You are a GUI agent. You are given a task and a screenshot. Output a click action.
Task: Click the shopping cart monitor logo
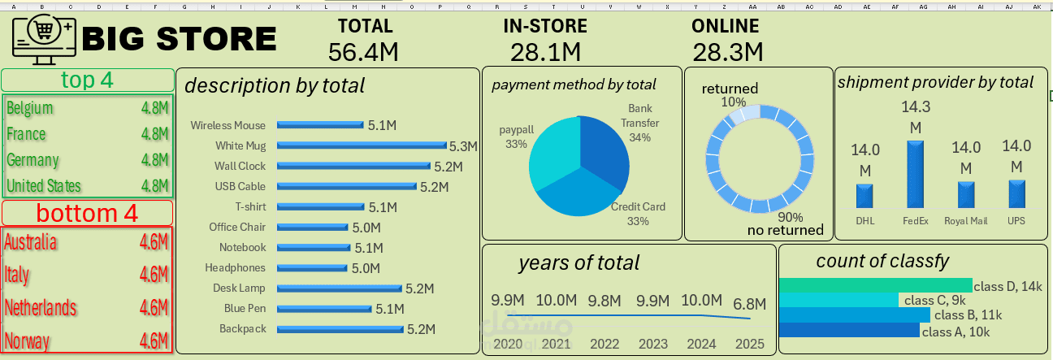(44, 40)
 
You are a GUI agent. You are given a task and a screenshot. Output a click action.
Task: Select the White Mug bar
(362, 145)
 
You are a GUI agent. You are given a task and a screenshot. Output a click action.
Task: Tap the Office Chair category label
(237, 227)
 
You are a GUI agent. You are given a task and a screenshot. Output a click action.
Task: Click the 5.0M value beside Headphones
(366, 268)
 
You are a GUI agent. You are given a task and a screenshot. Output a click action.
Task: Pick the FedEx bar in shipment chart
(915, 175)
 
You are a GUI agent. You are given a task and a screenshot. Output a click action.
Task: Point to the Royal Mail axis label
(965, 221)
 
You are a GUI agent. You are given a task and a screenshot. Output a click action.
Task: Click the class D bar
(875, 285)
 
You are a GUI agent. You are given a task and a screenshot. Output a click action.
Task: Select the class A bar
(849, 330)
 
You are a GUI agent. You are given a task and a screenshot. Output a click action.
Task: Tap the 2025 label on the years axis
(750, 344)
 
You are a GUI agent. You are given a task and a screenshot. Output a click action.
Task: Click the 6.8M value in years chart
(750, 304)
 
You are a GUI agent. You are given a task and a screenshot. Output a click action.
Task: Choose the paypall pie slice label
(516, 137)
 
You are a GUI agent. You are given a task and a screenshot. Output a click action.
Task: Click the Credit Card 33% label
(638, 214)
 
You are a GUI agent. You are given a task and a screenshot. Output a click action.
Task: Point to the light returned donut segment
(746, 114)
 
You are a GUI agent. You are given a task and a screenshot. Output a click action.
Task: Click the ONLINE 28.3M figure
(728, 52)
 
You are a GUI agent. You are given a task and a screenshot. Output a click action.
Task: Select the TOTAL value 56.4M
(363, 52)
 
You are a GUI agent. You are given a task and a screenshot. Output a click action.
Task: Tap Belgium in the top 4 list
(29, 108)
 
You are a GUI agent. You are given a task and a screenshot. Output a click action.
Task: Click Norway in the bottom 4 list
(27, 340)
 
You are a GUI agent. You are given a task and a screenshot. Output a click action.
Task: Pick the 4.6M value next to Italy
(154, 274)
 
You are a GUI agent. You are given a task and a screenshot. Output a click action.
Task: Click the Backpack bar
(340, 329)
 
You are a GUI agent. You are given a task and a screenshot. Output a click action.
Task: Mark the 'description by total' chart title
(275, 86)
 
